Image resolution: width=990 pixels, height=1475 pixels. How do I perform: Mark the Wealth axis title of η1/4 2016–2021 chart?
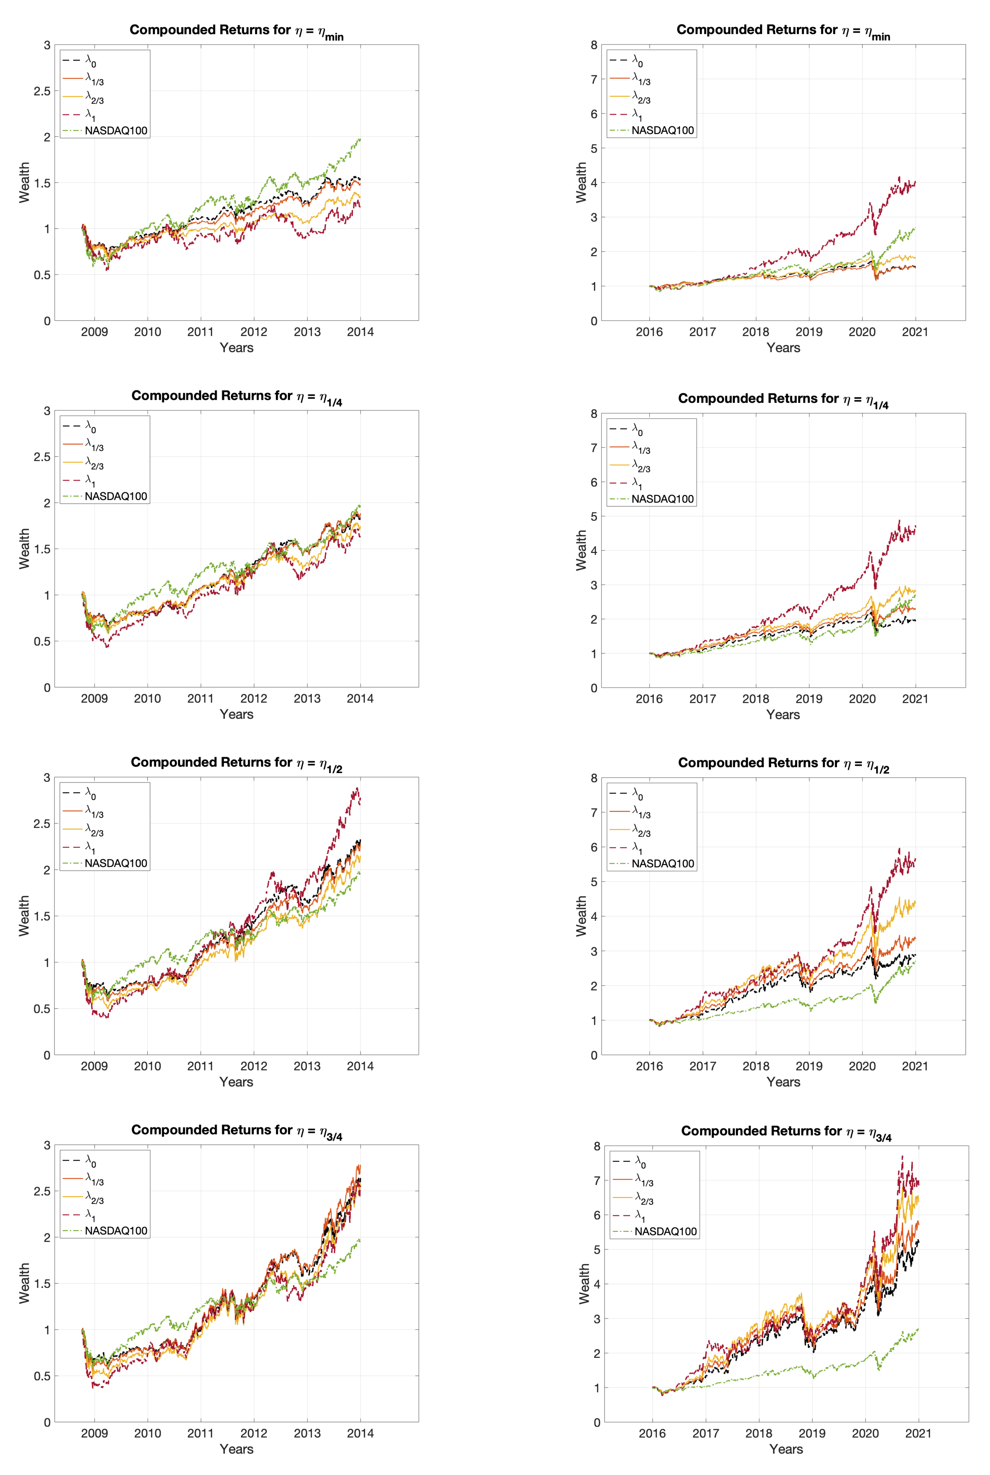click(581, 550)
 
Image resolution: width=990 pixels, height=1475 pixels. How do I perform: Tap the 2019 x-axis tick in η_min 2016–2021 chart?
click(809, 332)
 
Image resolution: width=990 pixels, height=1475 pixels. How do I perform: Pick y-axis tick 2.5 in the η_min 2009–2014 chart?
click(42, 91)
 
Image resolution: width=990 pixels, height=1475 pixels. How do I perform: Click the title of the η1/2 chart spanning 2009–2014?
click(236, 763)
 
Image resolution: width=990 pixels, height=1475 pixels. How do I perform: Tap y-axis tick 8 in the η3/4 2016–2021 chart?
click(597, 1146)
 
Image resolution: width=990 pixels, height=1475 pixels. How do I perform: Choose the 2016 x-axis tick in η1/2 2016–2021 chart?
click(649, 1066)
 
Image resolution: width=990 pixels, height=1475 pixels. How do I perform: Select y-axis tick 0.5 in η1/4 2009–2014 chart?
click(42, 641)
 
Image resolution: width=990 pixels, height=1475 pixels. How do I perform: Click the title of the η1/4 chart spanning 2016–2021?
click(783, 399)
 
